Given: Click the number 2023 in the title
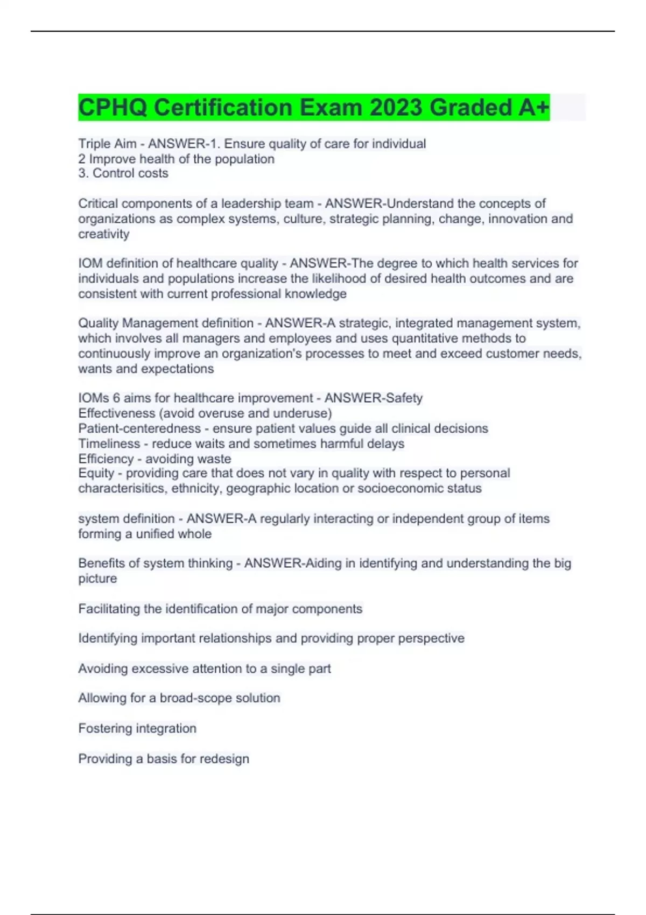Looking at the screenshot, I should click(x=396, y=107).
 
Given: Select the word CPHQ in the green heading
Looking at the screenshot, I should click(x=113, y=107).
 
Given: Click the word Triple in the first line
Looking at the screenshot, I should click(x=94, y=144).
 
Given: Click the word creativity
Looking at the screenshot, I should click(x=104, y=234).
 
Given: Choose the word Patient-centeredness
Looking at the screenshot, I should click(x=139, y=428).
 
